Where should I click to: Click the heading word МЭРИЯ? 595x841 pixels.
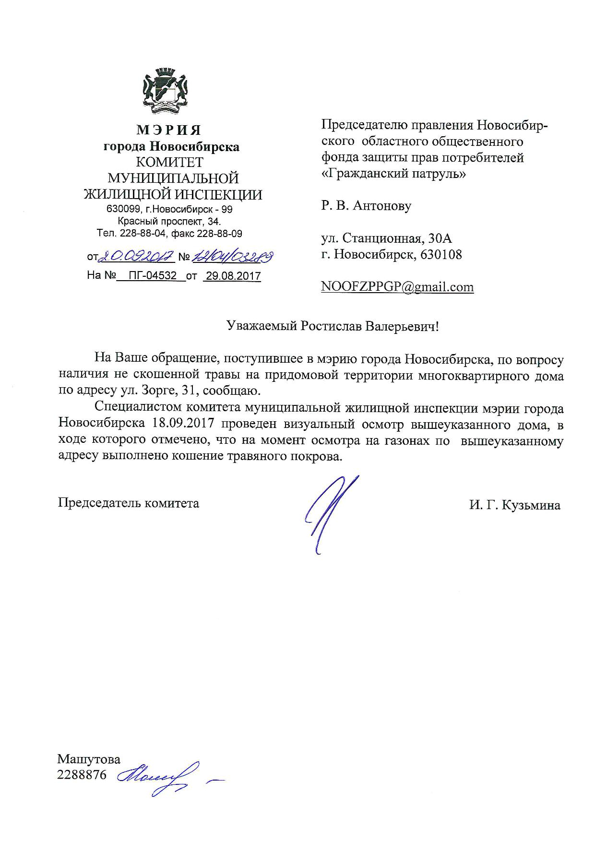click(169, 130)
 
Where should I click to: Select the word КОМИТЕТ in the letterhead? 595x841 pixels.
click(169, 163)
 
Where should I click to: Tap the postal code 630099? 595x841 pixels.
click(122, 210)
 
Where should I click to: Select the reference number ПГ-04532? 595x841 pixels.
click(151, 276)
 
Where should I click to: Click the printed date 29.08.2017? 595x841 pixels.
click(232, 276)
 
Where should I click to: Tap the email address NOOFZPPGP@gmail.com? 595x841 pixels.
click(397, 287)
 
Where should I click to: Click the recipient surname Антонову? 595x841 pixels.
click(382, 206)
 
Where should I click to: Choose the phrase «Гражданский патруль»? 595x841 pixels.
click(393, 173)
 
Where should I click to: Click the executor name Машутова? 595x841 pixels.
click(89, 758)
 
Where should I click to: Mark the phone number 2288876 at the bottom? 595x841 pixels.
click(82, 774)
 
